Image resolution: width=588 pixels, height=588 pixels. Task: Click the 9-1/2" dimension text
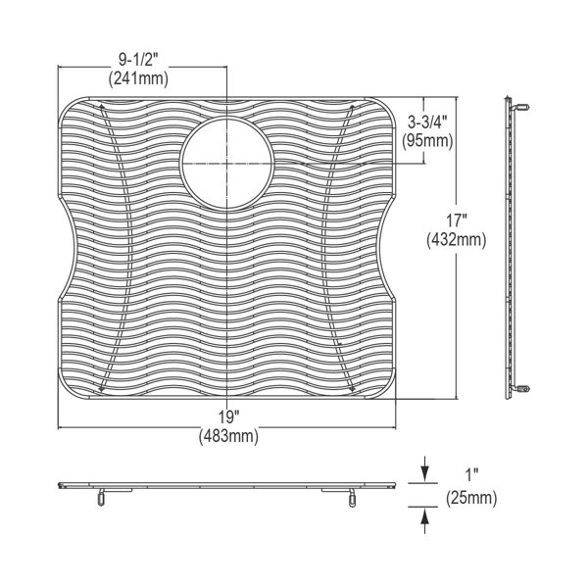139,60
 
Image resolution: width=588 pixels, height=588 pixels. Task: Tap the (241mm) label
138,79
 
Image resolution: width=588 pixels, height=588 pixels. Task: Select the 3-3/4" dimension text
427,122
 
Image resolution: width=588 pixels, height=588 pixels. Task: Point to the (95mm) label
427,141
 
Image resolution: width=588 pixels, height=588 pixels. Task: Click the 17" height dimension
456,220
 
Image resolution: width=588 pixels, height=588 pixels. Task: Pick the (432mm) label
456,240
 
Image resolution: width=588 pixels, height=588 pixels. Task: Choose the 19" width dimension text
229,417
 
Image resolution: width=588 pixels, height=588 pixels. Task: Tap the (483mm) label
228,436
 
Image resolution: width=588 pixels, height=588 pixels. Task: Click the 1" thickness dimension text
471,476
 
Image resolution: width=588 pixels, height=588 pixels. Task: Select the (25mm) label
471,499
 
